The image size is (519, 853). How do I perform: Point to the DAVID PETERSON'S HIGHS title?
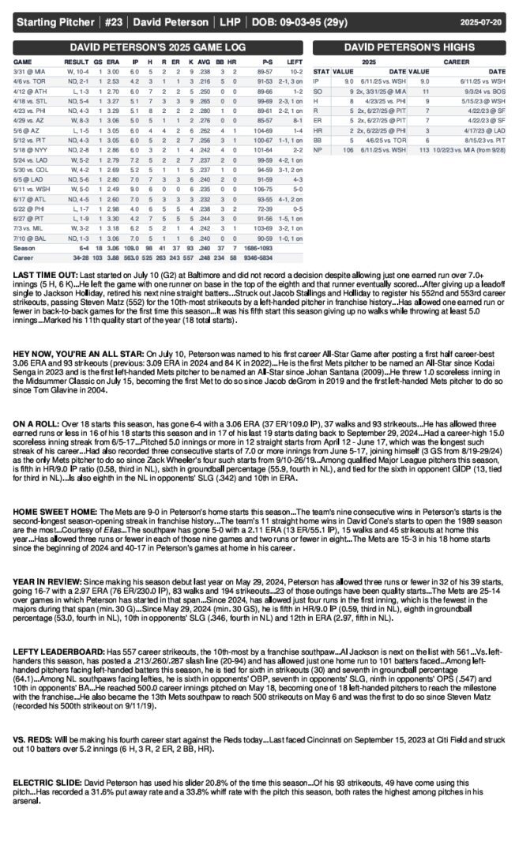408,47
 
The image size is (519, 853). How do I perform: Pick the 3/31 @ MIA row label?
28,71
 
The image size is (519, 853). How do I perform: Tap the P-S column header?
267,61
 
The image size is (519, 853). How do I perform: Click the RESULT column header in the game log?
77,61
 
